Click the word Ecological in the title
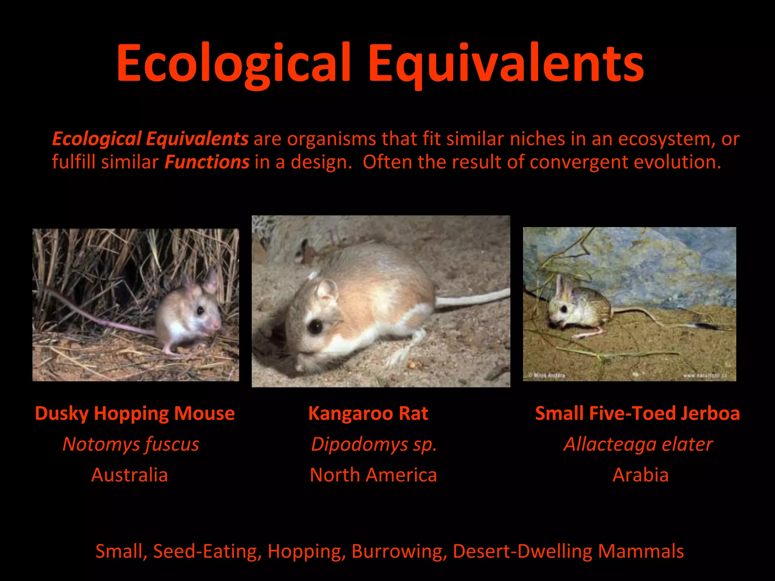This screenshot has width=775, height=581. (x=233, y=64)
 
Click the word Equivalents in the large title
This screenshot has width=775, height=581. (x=506, y=64)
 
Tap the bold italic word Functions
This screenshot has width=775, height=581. (x=207, y=162)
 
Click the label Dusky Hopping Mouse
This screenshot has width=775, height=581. (x=135, y=413)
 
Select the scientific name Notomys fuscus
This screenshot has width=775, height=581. (x=131, y=444)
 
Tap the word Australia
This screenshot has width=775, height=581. (x=129, y=475)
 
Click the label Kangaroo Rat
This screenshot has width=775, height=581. (x=368, y=413)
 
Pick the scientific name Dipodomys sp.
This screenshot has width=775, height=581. (x=374, y=444)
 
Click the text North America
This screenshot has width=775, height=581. (x=373, y=475)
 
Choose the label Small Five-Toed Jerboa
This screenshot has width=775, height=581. (x=637, y=413)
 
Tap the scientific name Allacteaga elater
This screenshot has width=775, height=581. (x=638, y=444)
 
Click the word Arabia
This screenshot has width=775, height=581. (x=640, y=475)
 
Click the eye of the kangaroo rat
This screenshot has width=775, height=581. (x=315, y=326)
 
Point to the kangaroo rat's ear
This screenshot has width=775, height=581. (x=326, y=290)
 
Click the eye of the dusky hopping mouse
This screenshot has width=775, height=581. (x=200, y=311)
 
